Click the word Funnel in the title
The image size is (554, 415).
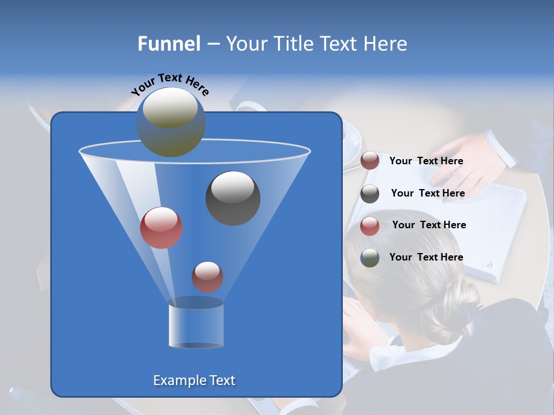(x=169, y=44)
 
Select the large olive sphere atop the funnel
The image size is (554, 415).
(x=171, y=122)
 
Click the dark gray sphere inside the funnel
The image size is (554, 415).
(x=233, y=198)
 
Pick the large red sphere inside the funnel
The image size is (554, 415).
(x=161, y=228)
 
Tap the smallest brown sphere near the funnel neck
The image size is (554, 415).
(x=207, y=277)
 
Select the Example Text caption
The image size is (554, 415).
(x=194, y=380)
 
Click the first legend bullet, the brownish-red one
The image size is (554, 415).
(x=370, y=161)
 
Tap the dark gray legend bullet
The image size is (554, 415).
(x=370, y=194)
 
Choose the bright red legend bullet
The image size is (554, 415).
(x=370, y=226)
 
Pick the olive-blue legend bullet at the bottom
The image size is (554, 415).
(x=370, y=258)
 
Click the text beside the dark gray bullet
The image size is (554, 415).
(x=428, y=193)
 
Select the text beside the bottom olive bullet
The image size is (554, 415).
(x=426, y=257)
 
